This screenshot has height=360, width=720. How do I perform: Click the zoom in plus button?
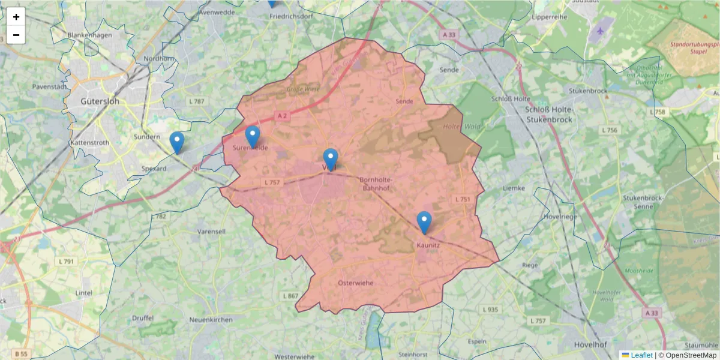(16, 17)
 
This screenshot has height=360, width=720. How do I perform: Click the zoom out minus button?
(16, 35)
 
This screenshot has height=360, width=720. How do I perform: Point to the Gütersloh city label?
(100, 101)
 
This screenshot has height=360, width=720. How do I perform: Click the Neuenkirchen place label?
(211, 320)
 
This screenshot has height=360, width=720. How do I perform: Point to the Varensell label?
(211, 231)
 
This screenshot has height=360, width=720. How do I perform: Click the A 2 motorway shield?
(283, 115)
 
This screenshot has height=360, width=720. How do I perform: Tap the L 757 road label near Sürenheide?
(272, 182)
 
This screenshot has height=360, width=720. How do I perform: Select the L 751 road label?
(462, 199)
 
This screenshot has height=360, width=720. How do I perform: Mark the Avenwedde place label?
(217, 12)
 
